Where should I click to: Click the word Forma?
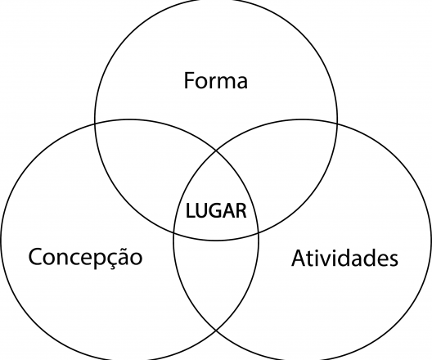coord(216,80)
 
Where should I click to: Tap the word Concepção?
coord(85,257)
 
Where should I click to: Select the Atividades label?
coord(344,258)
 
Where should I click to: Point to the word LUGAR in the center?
coord(216,211)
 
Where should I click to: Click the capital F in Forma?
coord(189,80)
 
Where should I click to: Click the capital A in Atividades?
coord(299,258)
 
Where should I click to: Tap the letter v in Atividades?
coord(325,260)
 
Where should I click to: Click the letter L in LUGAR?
coord(190,211)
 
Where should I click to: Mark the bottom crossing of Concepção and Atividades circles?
coord(216,330)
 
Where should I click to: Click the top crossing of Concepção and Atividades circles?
coord(216,151)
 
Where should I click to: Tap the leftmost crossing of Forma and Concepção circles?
coord(95,124)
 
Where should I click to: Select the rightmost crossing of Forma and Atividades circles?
coord(337,124)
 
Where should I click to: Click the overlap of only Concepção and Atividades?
coord(216,278)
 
